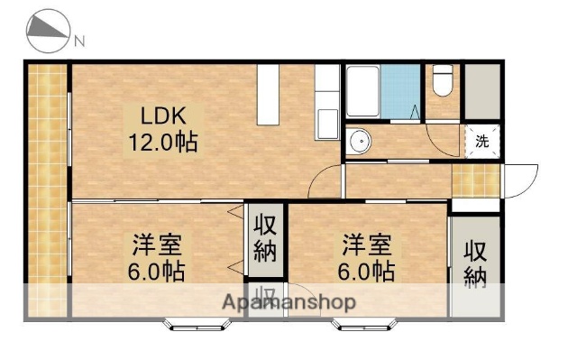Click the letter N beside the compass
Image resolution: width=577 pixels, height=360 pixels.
point(79,41)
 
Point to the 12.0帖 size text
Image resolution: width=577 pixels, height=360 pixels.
point(163,142)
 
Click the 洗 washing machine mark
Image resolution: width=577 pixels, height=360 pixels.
point(481,142)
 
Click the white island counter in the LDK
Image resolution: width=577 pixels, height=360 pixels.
point(270,95)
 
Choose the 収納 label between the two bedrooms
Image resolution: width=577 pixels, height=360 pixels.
point(264,237)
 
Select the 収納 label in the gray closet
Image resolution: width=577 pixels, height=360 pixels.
point(475,263)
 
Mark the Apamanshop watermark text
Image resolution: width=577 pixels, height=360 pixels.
point(289,301)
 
